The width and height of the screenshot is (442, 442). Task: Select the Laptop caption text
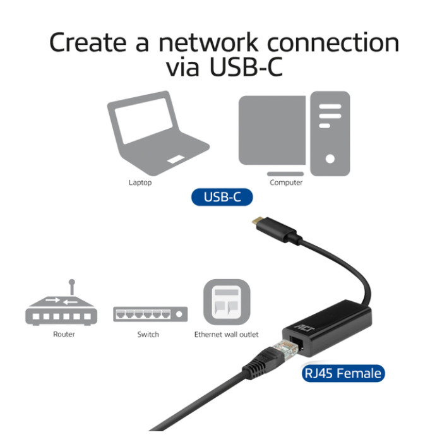(140, 183)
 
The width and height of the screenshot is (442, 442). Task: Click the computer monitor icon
(272, 130)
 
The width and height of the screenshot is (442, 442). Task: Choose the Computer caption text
(286, 183)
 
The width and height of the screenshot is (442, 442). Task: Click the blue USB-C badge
(222, 197)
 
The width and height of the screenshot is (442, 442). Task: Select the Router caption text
(64, 335)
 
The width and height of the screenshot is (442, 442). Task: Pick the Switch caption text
(148, 335)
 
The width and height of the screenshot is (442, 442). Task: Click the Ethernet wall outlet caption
(226, 335)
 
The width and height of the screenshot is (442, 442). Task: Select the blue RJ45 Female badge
(343, 374)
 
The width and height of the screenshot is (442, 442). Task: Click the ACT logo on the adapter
(302, 328)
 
